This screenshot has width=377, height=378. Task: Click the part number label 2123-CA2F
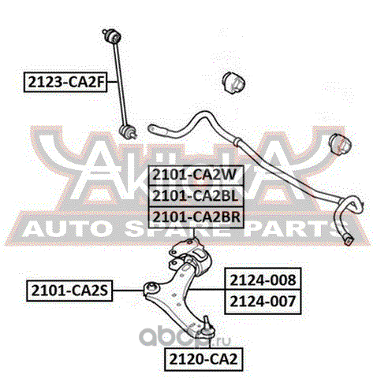pyautogui.click(x=65, y=82)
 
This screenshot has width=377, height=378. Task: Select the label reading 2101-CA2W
pyautogui.click(x=196, y=175)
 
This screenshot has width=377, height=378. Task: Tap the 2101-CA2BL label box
pyautogui.click(x=196, y=196)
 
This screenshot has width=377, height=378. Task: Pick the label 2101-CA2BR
pyautogui.click(x=196, y=217)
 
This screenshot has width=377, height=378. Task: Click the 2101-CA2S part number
pyautogui.click(x=69, y=291)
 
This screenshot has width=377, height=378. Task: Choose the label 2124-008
pyautogui.click(x=263, y=280)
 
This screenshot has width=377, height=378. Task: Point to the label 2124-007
pyautogui.click(x=263, y=302)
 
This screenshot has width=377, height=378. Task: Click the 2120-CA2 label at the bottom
pyautogui.click(x=203, y=359)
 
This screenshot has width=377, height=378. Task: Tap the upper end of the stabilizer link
pyautogui.click(x=112, y=35)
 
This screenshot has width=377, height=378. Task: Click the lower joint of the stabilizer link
pyautogui.click(x=128, y=132)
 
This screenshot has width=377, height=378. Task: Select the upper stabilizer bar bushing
pyautogui.click(x=233, y=82)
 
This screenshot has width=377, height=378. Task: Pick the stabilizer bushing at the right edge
pyautogui.click(x=340, y=144)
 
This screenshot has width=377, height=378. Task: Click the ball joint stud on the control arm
pyautogui.click(x=207, y=321)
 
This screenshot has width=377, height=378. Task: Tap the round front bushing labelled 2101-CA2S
pyautogui.click(x=152, y=289)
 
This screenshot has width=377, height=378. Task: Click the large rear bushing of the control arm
pyautogui.click(x=202, y=261)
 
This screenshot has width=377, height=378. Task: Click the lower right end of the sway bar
pyautogui.click(x=349, y=239)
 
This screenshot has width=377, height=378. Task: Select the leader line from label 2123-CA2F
pyautogui.click(x=113, y=82)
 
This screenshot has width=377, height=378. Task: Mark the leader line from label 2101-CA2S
pyautogui.click(x=128, y=291)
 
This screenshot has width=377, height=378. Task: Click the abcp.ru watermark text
pyautogui.click(x=185, y=337)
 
